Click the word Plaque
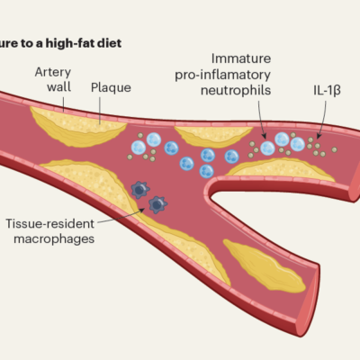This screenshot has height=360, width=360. coord(111,87)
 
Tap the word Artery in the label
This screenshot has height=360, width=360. coord(53,72)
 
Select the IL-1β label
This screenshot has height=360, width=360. coord(327,90)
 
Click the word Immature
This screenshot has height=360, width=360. coord(241,58)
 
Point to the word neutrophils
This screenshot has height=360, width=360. coord(236,90)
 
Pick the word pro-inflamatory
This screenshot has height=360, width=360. coord(222,75)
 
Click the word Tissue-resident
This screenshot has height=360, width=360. coord(49,224)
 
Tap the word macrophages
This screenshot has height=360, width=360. coord(54,239)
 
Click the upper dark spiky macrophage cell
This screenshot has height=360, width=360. coord(140,190)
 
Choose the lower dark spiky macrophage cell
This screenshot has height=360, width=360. coord(157,205)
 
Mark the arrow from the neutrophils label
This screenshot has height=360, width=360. coord(261,120)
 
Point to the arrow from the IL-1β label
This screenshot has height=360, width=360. coord(323,120)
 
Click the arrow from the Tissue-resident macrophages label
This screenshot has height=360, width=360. coord(121,217)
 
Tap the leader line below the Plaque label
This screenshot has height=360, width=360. coord(100,111)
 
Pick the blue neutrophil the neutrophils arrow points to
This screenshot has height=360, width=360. coord(267,148)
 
